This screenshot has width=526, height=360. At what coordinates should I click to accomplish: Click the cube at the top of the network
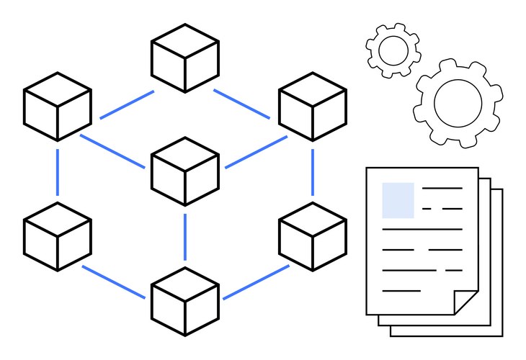tap(185, 58)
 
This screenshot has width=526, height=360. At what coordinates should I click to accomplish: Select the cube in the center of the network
tap(185, 171)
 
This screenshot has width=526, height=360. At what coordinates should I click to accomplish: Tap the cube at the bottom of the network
tap(185, 301)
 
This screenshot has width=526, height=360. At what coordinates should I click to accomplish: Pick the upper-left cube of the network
tap(58, 107)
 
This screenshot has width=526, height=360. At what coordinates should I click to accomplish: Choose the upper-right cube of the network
tap(312, 107)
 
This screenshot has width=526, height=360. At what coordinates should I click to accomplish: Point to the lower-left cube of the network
tap(58, 236)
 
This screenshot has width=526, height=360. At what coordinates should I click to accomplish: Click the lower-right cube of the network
tap(312, 236)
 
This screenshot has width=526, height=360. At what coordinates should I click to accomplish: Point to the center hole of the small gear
tap(393, 50)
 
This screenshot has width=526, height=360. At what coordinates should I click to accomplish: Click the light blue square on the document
tap(398, 200)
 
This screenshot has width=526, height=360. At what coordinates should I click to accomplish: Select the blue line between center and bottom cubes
tap(185, 236)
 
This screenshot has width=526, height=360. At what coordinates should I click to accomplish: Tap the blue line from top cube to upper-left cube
tap(126, 104)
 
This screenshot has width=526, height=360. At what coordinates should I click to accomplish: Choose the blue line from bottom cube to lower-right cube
tap(256, 282)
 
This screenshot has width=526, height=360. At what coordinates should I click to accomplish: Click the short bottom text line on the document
tap(401, 291)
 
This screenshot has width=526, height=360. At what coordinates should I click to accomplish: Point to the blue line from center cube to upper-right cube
tap(256, 151)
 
